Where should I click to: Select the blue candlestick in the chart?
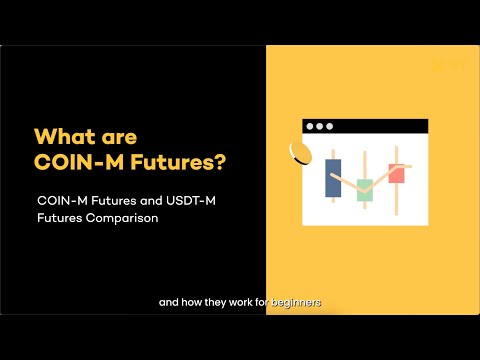333,178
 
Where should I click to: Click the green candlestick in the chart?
365,190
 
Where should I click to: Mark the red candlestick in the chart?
396,172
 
